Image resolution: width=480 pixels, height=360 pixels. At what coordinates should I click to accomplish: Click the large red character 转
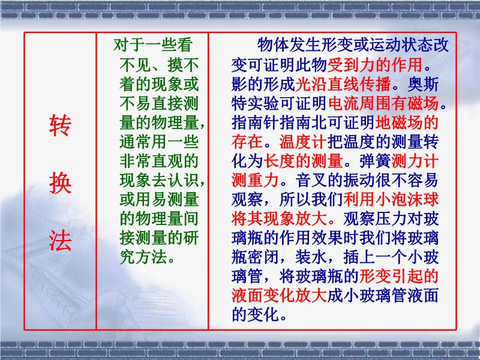(x=61, y=125)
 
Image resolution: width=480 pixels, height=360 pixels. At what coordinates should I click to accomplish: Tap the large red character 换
(x=61, y=183)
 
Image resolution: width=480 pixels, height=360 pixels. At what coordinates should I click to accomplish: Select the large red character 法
(x=61, y=241)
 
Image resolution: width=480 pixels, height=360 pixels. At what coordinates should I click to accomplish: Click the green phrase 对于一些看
(x=153, y=45)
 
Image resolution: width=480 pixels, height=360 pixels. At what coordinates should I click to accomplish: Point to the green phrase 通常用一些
(x=159, y=142)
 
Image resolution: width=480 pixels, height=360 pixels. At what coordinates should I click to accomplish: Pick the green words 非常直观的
(x=159, y=161)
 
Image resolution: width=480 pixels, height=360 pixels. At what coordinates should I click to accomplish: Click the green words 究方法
(x=143, y=257)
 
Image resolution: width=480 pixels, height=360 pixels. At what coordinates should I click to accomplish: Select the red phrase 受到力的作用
(x=375, y=64)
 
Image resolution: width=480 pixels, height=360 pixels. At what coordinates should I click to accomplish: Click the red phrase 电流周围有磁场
(x=383, y=103)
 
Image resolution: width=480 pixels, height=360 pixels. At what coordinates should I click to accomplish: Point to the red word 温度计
(x=303, y=142)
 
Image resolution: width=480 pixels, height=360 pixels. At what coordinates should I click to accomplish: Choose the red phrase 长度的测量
(x=303, y=161)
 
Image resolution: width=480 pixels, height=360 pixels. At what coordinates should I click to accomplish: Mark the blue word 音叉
(x=311, y=180)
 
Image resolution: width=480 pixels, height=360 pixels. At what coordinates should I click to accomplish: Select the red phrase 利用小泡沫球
(x=391, y=199)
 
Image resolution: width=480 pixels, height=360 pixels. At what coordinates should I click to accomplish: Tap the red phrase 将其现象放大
(x=279, y=218)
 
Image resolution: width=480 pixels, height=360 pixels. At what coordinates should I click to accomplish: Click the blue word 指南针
(x=256, y=122)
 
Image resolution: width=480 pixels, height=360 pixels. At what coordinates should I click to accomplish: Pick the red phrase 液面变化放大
(x=279, y=295)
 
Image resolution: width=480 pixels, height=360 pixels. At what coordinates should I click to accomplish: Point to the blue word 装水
(x=311, y=257)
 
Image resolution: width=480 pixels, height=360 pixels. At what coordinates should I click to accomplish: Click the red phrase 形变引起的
(x=399, y=276)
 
